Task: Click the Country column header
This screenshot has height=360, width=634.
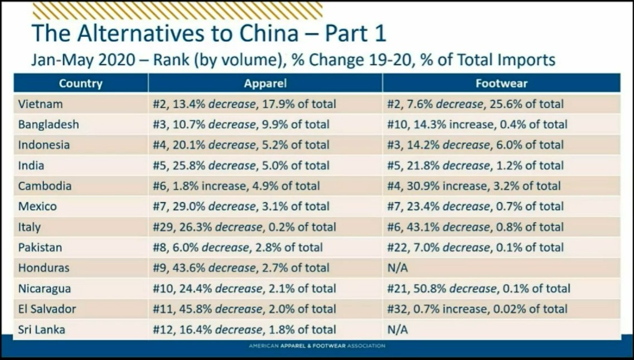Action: [x=81, y=84]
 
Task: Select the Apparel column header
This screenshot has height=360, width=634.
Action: [x=265, y=84]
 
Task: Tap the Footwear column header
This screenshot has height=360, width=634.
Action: [x=501, y=84]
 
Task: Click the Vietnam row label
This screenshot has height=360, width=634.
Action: [x=40, y=104]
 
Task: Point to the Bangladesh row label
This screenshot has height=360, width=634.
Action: [x=49, y=125]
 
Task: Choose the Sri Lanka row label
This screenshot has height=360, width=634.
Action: [x=41, y=330]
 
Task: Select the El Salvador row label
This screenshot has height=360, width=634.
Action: [x=47, y=309]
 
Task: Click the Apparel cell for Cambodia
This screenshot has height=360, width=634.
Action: [x=236, y=186]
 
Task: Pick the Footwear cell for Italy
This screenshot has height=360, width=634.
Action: [x=475, y=227]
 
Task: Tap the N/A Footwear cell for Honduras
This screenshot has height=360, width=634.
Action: [x=398, y=268]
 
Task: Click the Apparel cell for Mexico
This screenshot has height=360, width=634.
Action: [x=241, y=207]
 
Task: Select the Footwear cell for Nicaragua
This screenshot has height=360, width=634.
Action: [x=478, y=289]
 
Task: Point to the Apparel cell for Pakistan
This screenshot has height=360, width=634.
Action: [x=238, y=247]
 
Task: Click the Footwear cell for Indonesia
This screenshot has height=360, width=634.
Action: [x=475, y=145]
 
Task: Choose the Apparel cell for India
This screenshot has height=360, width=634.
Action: [x=241, y=166]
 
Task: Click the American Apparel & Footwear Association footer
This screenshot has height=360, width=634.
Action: [x=317, y=346]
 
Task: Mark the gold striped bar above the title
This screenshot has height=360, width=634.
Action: [x=177, y=11]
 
